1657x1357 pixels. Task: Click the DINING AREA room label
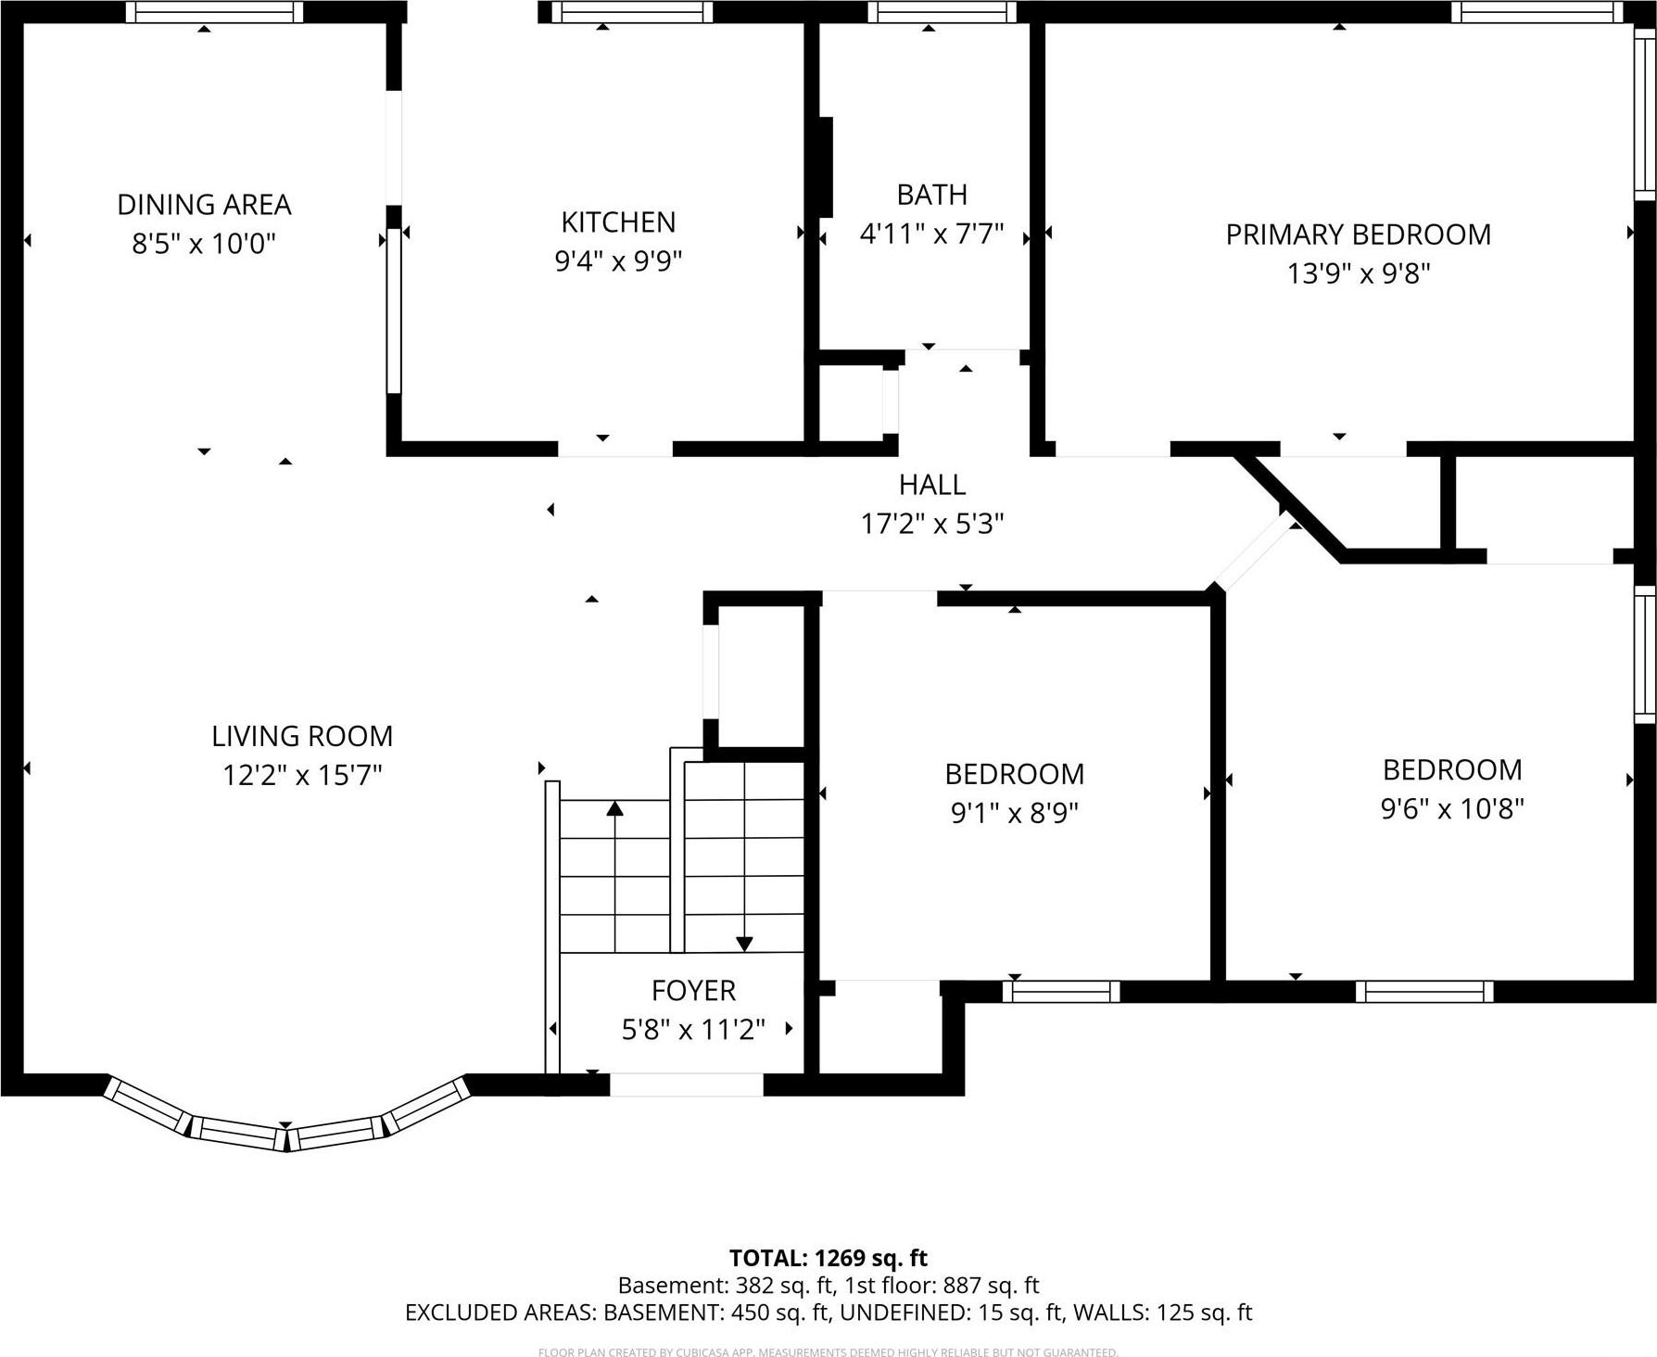coord(204,204)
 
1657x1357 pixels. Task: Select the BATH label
coord(931,195)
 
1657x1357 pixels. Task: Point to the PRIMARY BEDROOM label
coord(1358,235)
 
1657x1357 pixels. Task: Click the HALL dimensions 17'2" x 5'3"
coord(932,525)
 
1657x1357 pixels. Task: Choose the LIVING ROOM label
coord(302,736)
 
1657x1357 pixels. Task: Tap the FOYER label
coord(693,991)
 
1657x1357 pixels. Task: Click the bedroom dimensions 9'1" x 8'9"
coord(1015,813)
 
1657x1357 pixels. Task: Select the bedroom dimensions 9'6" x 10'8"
coord(1452,809)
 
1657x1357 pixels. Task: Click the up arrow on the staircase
coord(614,809)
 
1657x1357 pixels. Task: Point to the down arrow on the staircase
coord(744,943)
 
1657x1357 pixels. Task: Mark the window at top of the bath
coord(942,12)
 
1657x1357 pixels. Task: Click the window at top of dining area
coord(214,12)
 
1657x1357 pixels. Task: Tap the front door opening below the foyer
coord(686,1084)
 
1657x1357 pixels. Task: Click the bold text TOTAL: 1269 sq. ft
coord(828,1258)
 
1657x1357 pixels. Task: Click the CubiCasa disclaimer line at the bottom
coord(828,1352)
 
